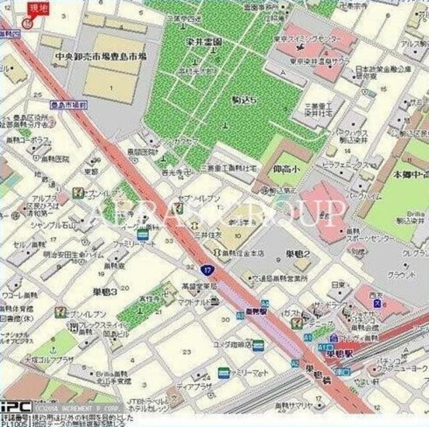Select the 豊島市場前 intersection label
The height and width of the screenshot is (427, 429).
[x=68, y=105]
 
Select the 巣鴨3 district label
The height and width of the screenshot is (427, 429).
[x=105, y=292]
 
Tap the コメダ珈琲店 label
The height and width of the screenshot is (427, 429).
[x=229, y=344]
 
